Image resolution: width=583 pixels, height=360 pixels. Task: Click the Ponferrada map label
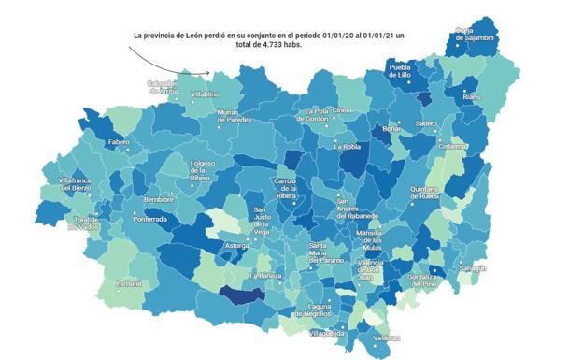click(x=149, y=220)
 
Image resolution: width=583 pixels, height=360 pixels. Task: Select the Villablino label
click(x=205, y=94)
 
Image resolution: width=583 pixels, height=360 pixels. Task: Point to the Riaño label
click(x=472, y=96)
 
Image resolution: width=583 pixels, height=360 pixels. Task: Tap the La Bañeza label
click(x=265, y=277)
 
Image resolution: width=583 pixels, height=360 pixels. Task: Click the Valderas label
click(x=386, y=338)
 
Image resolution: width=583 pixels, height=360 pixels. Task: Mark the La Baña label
click(x=128, y=283)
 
